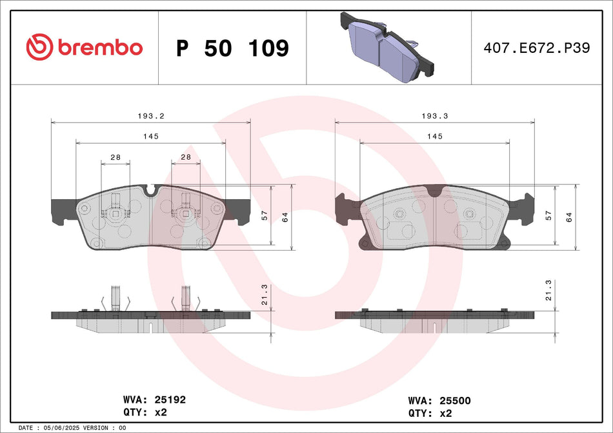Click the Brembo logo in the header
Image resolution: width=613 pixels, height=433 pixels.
84,47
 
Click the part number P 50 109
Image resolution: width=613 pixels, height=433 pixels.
232,48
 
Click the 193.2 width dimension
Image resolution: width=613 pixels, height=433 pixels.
150,116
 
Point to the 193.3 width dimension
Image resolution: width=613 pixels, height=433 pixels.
434,116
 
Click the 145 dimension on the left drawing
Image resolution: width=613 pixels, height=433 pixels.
150,137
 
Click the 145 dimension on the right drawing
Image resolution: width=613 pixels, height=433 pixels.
434,137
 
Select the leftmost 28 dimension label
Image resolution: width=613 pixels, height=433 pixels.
116,157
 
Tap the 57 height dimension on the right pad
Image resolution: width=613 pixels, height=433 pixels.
548,215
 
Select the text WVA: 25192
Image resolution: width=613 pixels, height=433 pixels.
154,400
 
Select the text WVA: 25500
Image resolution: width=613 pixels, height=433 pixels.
439,400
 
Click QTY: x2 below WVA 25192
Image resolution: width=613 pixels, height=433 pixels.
146,412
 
